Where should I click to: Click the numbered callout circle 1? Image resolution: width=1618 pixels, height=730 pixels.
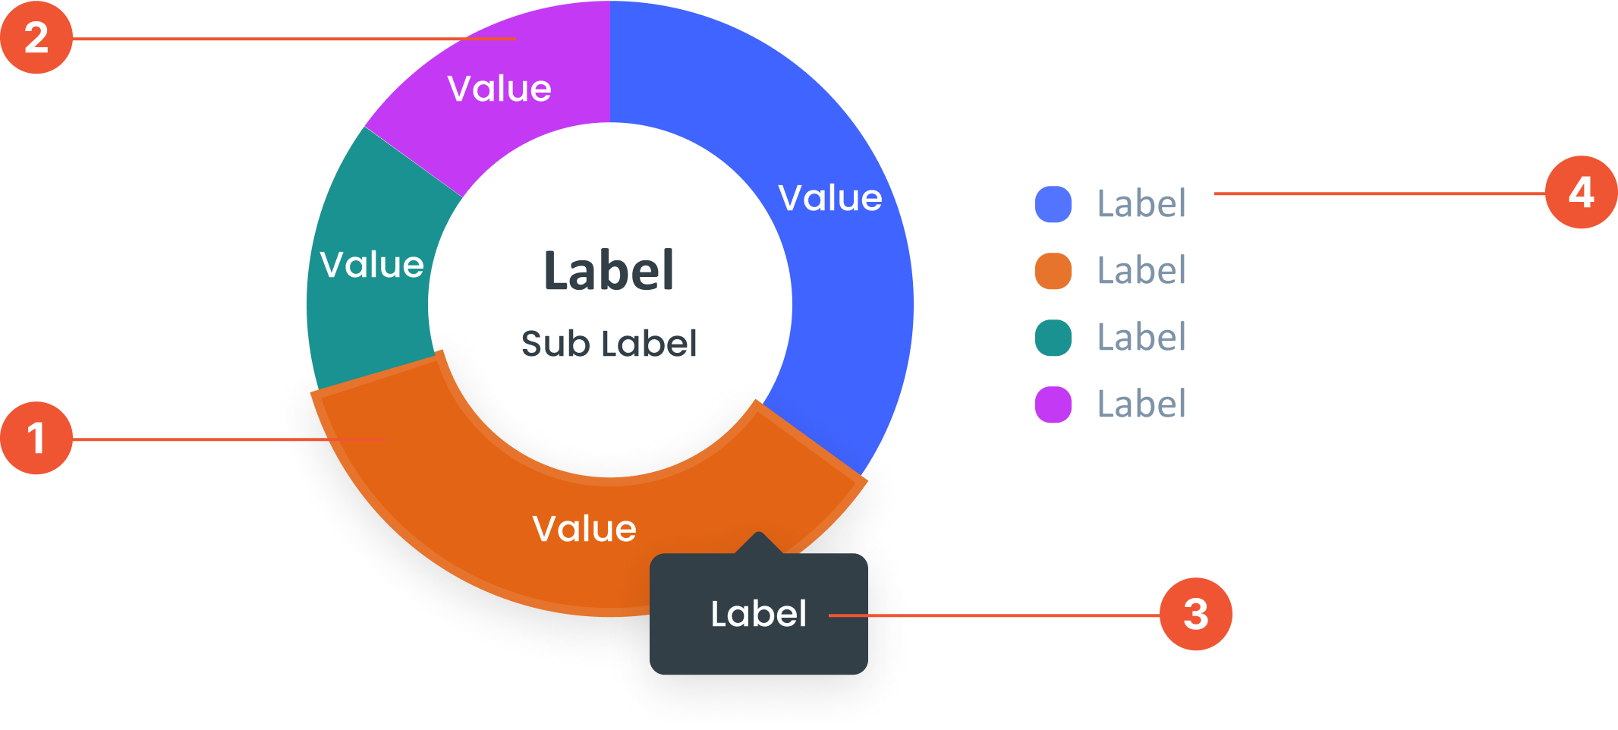[x=36, y=438]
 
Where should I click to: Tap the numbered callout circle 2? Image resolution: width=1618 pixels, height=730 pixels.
[x=36, y=37]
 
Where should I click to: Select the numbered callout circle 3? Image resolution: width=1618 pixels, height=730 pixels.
[x=1195, y=614]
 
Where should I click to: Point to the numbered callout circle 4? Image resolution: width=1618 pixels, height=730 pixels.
[x=1581, y=192]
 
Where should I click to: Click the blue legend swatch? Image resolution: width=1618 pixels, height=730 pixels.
[x=1053, y=204]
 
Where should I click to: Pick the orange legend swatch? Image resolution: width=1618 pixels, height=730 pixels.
[x=1053, y=271]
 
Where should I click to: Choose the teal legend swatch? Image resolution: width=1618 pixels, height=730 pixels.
[x=1053, y=338]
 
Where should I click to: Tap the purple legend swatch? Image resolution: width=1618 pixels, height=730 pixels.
[x=1053, y=404]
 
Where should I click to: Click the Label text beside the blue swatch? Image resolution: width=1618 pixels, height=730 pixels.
[x=1141, y=204]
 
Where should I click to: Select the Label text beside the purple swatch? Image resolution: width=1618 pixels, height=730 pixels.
[x=1141, y=404]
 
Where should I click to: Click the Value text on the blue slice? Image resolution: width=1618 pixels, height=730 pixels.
[x=830, y=198]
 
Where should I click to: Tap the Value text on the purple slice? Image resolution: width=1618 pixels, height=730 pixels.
[x=499, y=89]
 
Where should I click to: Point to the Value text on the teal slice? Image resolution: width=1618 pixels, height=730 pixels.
[x=372, y=265]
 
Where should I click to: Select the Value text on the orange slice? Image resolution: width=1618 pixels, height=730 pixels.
[x=584, y=529]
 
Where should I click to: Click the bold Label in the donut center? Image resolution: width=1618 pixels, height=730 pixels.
[x=609, y=271]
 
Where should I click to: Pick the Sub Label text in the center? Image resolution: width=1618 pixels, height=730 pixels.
[x=609, y=344]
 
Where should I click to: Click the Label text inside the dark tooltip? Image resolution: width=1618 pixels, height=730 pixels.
[x=758, y=614]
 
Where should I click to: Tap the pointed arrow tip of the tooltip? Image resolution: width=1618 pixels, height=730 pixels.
[x=758, y=535]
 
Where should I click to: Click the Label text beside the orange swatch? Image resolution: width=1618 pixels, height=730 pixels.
[x=1141, y=271]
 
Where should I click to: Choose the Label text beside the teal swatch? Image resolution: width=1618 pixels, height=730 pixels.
[x=1141, y=338]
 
